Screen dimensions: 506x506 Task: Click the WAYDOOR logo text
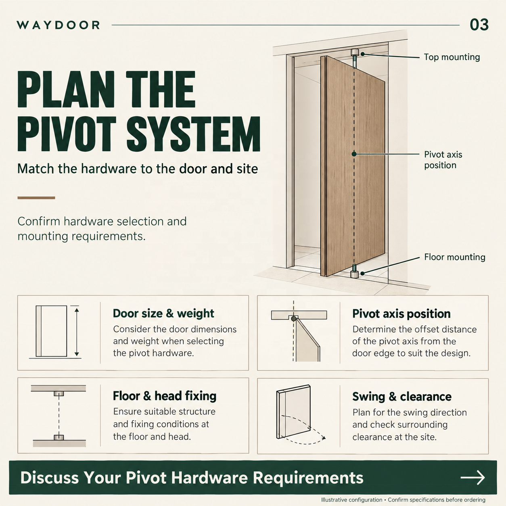pyautogui.click(x=58, y=25)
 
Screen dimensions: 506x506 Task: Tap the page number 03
pyautogui.click(x=479, y=25)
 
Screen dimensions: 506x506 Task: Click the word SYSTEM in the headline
pyautogui.click(x=193, y=134)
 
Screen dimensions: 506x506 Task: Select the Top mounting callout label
pyautogui.click(x=452, y=57)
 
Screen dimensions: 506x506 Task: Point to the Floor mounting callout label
pyautogui.click(x=454, y=257)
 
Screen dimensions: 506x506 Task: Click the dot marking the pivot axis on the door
pyautogui.click(x=354, y=154)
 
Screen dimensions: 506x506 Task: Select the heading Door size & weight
pyautogui.click(x=163, y=313)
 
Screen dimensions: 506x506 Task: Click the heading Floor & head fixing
pyautogui.click(x=165, y=396)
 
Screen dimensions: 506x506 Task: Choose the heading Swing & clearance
pyautogui.click(x=402, y=397)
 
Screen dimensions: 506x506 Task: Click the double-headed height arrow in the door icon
pyautogui.click(x=77, y=332)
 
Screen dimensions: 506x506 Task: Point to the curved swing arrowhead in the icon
pyautogui.click(x=324, y=438)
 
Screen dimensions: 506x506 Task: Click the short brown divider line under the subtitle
pyautogui.click(x=36, y=198)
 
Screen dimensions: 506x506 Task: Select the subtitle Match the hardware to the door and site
pyautogui.click(x=138, y=169)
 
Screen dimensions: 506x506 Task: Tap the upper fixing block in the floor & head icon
pyautogui.click(x=59, y=393)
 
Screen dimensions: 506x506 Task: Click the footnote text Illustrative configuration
pyautogui.click(x=351, y=500)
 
